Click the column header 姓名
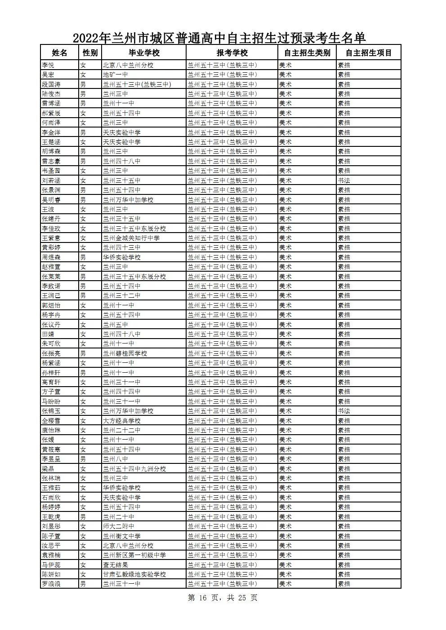(59, 53)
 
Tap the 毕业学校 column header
(144, 53)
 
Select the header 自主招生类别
(307, 53)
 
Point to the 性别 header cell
(90, 53)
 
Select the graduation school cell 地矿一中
(116, 75)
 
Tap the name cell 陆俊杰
(51, 94)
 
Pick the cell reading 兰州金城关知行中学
(131, 238)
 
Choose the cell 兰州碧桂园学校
(125, 353)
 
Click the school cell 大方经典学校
(122, 421)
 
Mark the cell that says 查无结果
(116, 565)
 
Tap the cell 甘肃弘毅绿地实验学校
(134, 574)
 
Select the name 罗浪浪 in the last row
(51, 584)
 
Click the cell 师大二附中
(119, 526)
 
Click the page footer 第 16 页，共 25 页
(223, 598)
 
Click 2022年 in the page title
(92, 38)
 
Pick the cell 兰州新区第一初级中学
(134, 555)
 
